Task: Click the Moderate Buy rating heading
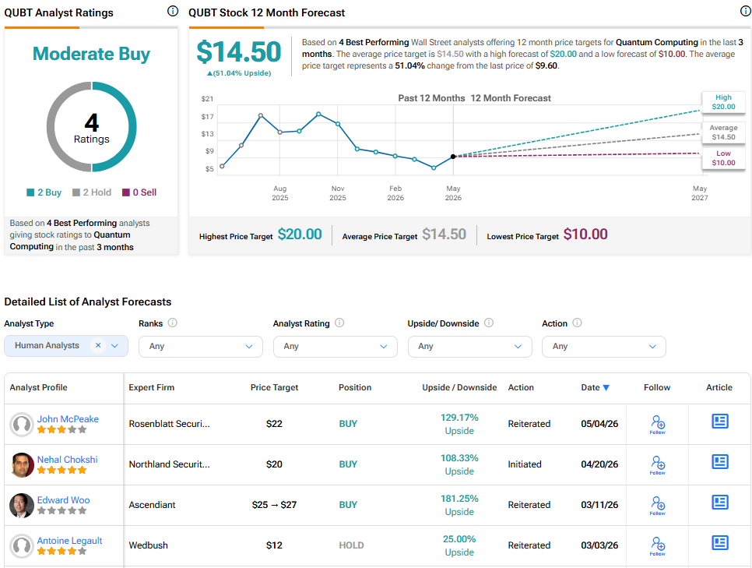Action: [91, 54]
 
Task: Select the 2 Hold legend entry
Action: [92, 192]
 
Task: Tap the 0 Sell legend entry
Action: [139, 192]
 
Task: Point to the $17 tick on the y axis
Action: [207, 117]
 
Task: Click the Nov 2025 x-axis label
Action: [338, 193]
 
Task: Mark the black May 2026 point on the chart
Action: [453, 157]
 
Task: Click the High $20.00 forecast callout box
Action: [723, 102]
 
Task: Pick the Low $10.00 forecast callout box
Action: [723, 158]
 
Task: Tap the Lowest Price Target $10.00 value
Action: [585, 235]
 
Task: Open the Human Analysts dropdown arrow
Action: [114, 346]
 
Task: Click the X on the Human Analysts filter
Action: [98, 345]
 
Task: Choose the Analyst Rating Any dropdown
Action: [336, 347]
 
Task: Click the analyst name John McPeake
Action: [68, 419]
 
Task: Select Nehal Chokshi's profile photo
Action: [22, 465]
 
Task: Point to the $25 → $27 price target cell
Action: [274, 505]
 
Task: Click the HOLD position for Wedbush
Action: [351, 545]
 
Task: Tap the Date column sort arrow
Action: [606, 388]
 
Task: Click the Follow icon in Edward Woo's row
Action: [658, 505]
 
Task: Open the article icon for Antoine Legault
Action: [720, 542]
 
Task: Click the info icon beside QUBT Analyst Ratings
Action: [173, 11]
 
